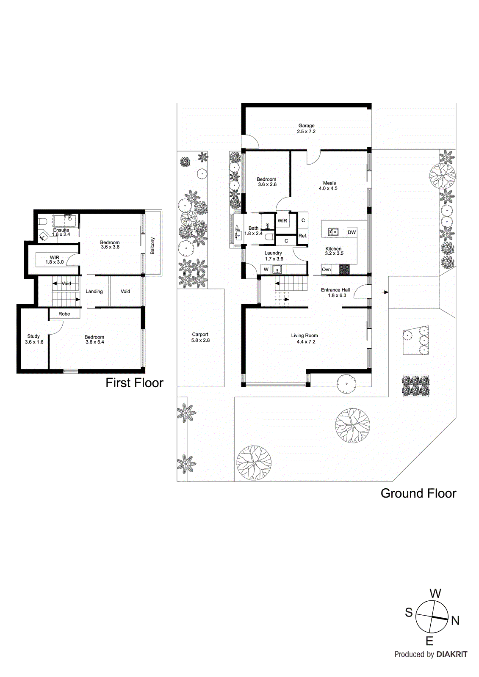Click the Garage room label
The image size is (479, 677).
[306, 126]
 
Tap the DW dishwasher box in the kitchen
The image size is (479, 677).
[352, 232]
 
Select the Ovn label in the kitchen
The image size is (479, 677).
[327, 270]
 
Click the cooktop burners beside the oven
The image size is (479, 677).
[344, 269]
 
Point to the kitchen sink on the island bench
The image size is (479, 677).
[333, 232]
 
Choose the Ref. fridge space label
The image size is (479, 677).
[303, 236]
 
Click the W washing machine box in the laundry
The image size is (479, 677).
[266, 270]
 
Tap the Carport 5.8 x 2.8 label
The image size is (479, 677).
[200, 337]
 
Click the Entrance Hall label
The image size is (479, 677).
[335, 290]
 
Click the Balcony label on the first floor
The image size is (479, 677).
[153, 245]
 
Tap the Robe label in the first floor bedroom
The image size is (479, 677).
[64, 314]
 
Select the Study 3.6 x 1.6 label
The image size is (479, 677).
[34, 339]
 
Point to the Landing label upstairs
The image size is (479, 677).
[94, 292]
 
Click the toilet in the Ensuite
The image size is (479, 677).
[42, 222]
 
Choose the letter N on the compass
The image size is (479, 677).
[455, 621]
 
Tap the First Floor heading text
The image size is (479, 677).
[134, 383]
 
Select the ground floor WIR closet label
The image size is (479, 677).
[282, 221]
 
